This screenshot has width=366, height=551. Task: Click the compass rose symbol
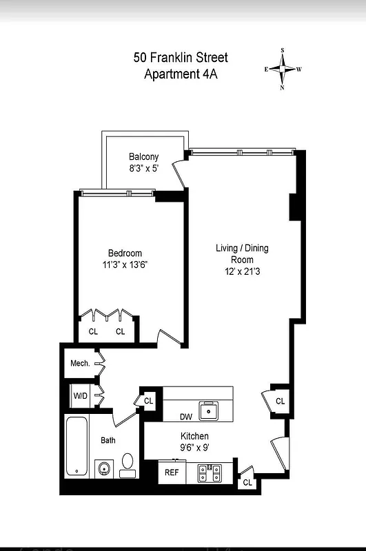[283, 69]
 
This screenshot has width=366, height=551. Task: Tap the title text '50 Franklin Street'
[181, 58]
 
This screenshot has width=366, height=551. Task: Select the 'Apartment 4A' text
[181, 74]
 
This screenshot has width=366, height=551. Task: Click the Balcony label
[143, 157]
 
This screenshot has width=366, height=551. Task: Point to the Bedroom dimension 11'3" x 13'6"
[124, 264]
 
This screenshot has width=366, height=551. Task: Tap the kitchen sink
[207, 410]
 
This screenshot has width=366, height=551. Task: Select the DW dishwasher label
[185, 417]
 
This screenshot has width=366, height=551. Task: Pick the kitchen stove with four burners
[209, 473]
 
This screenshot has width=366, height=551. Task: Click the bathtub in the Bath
[77, 446]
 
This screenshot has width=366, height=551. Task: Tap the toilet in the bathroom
[128, 464]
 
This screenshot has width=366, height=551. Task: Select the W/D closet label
[81, 396]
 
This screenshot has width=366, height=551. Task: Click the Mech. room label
[80, 363]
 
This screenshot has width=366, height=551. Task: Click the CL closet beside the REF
[247, 483]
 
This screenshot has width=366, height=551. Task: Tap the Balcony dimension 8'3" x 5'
[143, 169]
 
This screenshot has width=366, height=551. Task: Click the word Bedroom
[124, 253]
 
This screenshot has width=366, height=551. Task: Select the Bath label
[108, 440]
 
